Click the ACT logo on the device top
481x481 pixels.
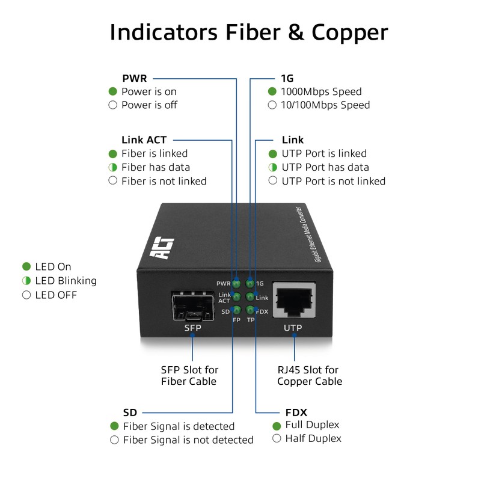click(162, 248)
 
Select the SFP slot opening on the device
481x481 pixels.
click(192, 306)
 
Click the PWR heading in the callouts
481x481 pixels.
click(134, 78)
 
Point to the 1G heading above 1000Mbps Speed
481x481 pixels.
click(287, 78)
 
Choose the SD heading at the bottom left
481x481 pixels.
click(130, 412)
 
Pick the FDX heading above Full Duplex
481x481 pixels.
click(296, 412)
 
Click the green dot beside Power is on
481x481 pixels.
click(113, 91)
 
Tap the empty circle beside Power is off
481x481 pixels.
click(113, 105)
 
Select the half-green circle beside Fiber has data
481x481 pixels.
click(113, 167)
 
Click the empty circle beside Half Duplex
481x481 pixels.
click(277, 438)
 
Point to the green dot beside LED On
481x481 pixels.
click(26, 266)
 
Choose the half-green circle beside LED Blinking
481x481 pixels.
click(26, 280)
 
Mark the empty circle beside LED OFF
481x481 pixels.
click(26, 295)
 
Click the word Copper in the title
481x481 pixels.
click(350, 33)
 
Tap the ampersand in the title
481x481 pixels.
click(296, 32)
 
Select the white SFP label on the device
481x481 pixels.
click(192, 328)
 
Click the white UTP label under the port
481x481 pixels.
click(293, 328)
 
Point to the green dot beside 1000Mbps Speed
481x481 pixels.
click(272, 91)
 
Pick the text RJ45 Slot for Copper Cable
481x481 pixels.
click(310, 375)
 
